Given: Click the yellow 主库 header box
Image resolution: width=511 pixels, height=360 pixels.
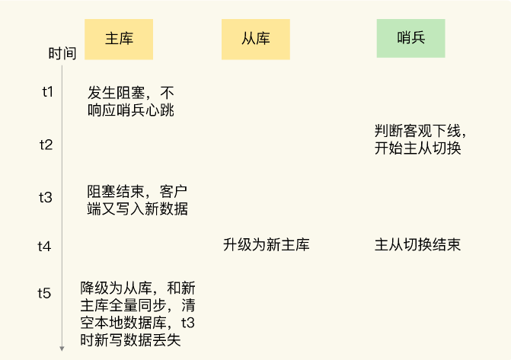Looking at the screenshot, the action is click(119, 39).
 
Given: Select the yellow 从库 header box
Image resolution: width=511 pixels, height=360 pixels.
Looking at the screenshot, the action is click(256, 39).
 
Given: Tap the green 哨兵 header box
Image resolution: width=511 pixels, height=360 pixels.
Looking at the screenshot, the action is click(410, 37).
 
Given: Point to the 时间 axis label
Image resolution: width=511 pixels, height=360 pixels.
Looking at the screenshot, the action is click(62, 54).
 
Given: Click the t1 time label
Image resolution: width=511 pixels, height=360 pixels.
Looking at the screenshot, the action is click(47, 92).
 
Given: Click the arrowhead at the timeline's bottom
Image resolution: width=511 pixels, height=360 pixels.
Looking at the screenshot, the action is click(62, 349).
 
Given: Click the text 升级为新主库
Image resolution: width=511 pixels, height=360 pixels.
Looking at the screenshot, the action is click(267, 245).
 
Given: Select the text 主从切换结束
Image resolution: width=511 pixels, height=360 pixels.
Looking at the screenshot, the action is click(417, 245).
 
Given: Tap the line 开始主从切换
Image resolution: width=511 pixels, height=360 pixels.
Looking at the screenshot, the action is click(418, 148).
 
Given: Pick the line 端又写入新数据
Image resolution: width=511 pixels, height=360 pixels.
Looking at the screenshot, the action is click(138, 209).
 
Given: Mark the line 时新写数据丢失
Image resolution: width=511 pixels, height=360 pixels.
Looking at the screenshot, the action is click(131, 340).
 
